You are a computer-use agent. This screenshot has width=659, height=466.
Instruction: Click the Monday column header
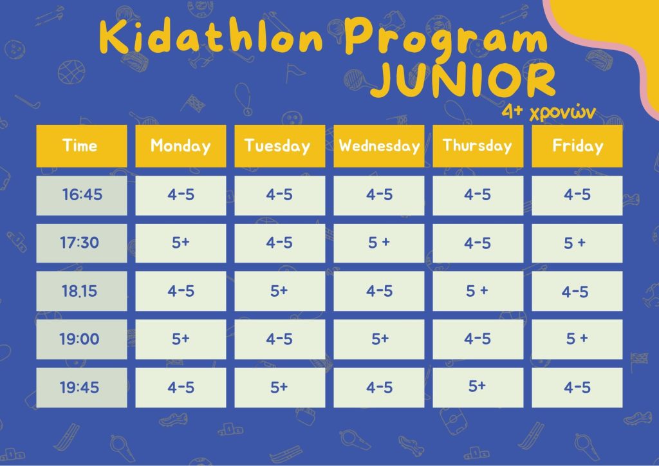tap(181, 146)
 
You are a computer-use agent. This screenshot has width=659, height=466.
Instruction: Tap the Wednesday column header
tap(378, 146)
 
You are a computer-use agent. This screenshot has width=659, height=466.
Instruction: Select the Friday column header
tap(577, 146)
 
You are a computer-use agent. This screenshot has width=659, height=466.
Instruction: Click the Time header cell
tap(82, 146)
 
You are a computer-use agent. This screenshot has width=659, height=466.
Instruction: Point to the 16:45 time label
tap(82, 194)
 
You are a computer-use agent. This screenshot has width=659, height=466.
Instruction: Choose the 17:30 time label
tap(79, 243)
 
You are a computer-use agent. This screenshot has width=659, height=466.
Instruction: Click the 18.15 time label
tap(79, 291)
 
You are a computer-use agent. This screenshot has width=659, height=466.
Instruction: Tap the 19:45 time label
tap(79, 387)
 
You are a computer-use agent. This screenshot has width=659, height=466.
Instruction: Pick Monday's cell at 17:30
tap(181, 243)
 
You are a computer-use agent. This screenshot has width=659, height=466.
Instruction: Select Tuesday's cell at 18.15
tap(279, 291)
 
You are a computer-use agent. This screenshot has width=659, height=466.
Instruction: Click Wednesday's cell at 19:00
tap(378, 339)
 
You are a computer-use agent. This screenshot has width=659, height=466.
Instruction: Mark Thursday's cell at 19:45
tap(478, 387)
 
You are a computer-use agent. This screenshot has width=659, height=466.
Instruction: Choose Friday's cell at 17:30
tap(577, 243)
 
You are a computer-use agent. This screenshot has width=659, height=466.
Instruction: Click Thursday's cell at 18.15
tap(478, 291)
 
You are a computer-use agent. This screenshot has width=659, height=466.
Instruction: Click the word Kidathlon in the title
tap(211, 37)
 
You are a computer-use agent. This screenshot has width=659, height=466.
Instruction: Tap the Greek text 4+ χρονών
tap(549, 112)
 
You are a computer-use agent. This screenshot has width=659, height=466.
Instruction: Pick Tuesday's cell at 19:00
tap(279, 339)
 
